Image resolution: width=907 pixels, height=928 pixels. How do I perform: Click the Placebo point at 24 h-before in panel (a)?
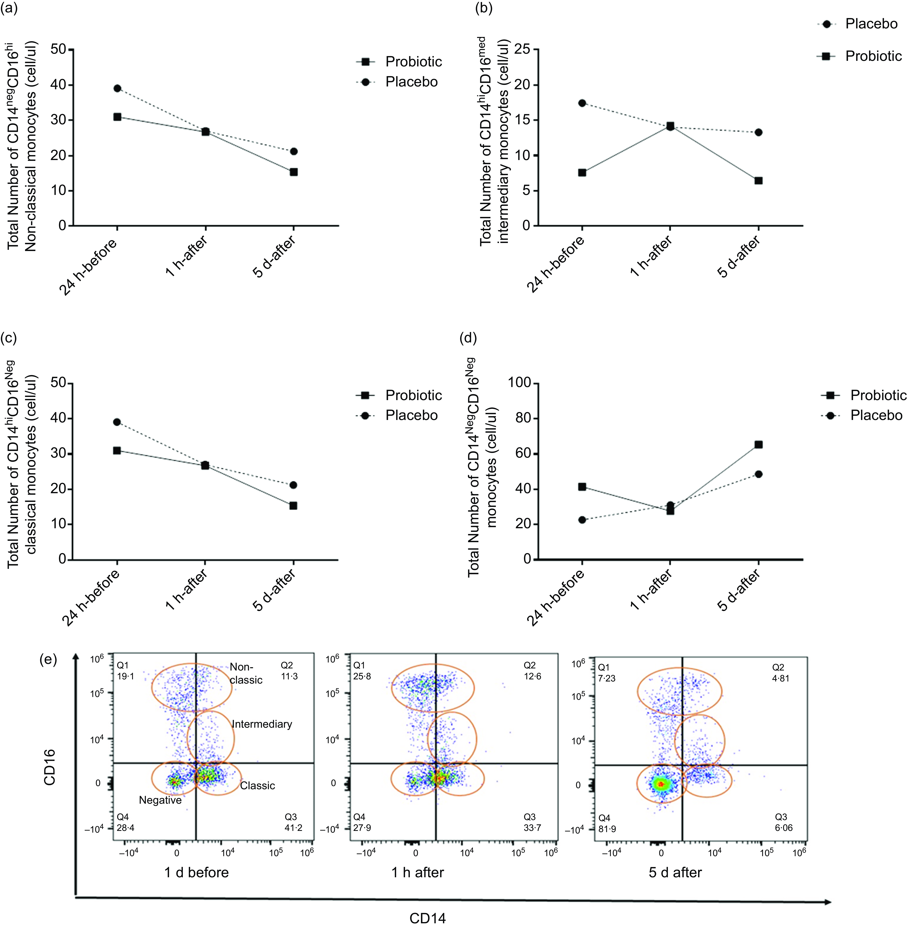click(x=117, y=88)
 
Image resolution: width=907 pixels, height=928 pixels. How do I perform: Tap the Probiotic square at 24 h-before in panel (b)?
click(x=582, y=172)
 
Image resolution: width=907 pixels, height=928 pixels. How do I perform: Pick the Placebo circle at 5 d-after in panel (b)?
click(x=758, y=132)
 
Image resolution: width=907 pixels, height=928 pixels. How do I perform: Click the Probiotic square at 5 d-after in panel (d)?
click(x=758, y=444)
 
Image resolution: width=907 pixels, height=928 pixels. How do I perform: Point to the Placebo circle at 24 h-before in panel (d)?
click(x=582, y=520)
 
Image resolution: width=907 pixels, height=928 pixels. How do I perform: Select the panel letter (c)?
click(x=9, y=338)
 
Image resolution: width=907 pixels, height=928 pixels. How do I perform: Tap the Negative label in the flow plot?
click(x=160, y=800)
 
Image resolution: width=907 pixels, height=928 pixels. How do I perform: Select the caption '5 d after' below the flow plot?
click(x=675, y=872)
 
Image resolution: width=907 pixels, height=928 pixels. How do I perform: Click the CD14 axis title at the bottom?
click(x=427, y=918)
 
